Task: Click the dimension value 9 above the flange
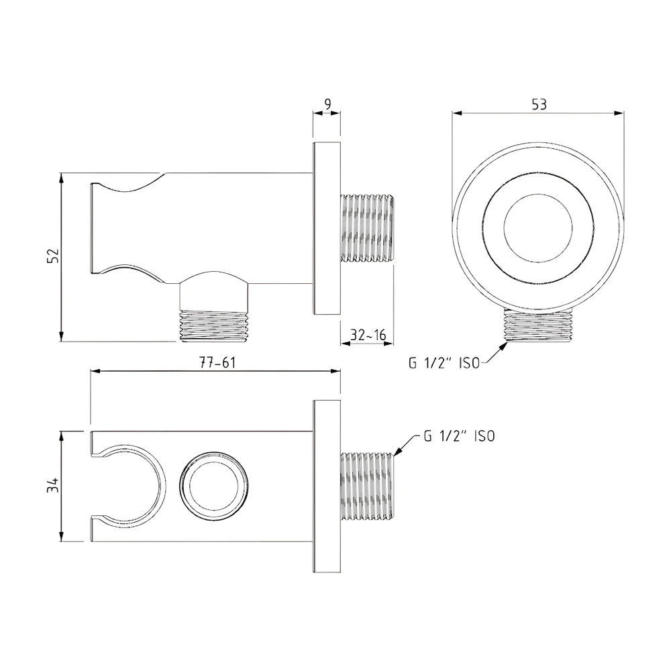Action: (327, 103)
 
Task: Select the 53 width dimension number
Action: (539, 104)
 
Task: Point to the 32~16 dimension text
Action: (367, 334)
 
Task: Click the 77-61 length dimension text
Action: (216, 362)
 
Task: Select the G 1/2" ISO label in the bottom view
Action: (459, 436)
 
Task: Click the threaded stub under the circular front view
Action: (539, 327)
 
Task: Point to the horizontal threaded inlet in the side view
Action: (367, 228)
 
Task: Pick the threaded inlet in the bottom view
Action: (368, 486)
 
